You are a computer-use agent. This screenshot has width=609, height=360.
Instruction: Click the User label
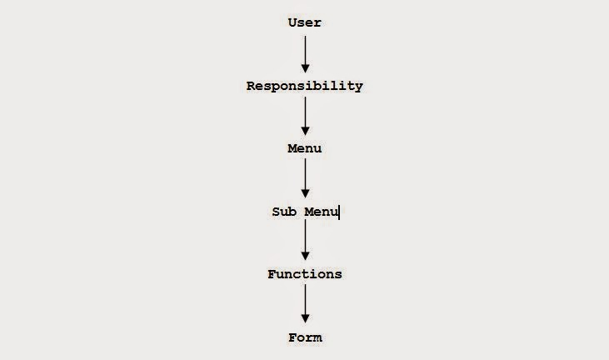click(304, 22)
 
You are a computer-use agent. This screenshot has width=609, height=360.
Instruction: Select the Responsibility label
click(304, 86)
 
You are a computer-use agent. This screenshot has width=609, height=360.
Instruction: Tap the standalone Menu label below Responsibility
click(304, 148)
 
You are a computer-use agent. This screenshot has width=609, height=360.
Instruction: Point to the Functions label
click(304, 274)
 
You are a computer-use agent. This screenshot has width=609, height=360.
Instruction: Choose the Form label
click(305, 337)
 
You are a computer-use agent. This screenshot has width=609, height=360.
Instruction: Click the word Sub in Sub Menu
click(283, 212)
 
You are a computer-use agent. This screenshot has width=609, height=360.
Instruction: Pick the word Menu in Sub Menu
click(321, 212)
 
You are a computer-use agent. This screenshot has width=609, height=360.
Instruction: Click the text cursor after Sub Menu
click(339, 212)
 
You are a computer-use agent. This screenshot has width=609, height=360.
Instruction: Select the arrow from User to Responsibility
click(305, 53)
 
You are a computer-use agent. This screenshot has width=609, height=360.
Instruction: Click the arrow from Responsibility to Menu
click(305, 116)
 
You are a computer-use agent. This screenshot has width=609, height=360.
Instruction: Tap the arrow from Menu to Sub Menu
click(305, 178)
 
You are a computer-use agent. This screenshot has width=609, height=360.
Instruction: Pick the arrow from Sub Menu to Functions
click(305, 242)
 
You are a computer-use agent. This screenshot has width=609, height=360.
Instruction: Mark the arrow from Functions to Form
click(305, 304)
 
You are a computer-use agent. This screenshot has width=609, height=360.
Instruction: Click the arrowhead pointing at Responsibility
click(305, 67)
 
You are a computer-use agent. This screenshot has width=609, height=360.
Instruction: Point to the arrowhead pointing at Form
click(305, 318)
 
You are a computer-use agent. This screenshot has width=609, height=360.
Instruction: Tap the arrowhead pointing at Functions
click(305, 256)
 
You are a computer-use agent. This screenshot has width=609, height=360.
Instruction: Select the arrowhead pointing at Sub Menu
click(305, 193)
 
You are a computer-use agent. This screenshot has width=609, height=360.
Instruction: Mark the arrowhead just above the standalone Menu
click(305, 130)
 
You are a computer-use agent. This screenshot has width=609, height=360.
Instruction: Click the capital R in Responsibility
click(251, 86)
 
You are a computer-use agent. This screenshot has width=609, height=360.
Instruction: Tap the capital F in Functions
click(272, 274)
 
